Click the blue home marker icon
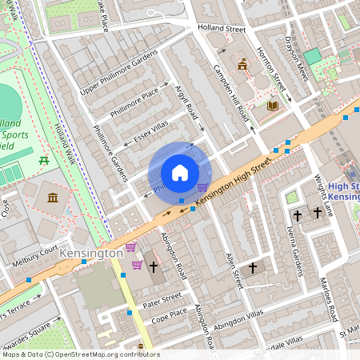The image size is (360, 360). pyautogui.click(x=180, y=173)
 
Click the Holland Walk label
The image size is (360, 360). pyautogui.click(x=66, y=143)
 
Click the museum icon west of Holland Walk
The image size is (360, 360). pyautogui.click(x=53, y=198)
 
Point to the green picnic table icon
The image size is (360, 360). pyautogui.click(x=45, y=162)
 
